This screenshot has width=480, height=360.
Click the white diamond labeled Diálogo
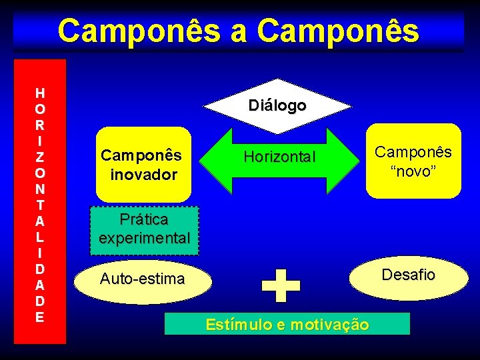tap(277, 105)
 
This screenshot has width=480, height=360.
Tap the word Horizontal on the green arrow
tap(279, 158)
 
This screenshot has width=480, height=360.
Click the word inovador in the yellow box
tap(143, 175)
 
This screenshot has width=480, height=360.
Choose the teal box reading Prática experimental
tap(145, 230)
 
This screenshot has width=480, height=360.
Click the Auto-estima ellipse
tap(141, 279)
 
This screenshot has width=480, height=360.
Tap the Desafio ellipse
tap(409, 275)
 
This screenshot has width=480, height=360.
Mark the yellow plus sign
tap(281, 286)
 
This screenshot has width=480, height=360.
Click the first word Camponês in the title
tap(140, 31)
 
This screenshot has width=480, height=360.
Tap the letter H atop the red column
tap(41, 93)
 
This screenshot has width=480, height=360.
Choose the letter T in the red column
tap(41, 205)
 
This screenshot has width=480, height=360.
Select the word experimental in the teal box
tap(145, 238)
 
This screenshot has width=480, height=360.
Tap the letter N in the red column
tap(41, 188)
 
